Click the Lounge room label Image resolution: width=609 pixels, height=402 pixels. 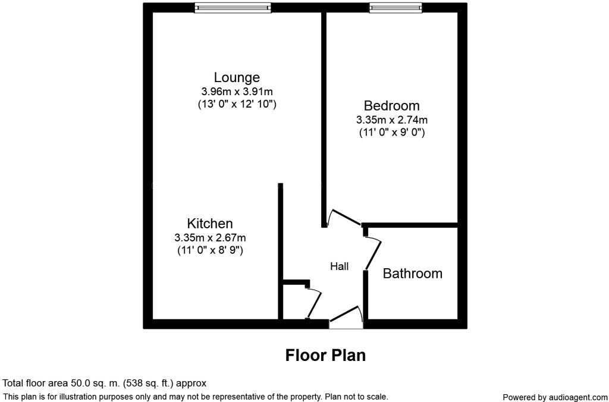(x=237, y=78)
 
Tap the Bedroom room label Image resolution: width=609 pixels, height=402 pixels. (x=391, y=106)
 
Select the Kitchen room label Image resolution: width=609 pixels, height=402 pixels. (x=210, y=224)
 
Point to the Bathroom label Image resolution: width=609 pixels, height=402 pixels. (x=413, y=274)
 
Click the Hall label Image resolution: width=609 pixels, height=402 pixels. (x=340, y=266)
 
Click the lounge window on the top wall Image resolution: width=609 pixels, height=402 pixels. (x=233, y=8)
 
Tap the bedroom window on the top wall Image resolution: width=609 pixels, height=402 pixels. (x=395, y=8)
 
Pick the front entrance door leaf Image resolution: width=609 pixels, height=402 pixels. (x=345, y=314)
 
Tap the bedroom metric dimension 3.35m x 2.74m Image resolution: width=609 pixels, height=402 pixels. (x=392, y=120)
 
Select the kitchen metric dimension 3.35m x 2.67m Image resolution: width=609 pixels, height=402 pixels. (x=210, y=237)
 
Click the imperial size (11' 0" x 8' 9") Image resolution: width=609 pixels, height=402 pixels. (x=210, y=250)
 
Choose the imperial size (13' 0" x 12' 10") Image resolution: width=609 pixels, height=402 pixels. (x=237, y=104)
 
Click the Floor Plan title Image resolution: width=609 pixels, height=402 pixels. (x=325, y=356)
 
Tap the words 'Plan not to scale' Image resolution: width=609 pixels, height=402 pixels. (x=356, y=397)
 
